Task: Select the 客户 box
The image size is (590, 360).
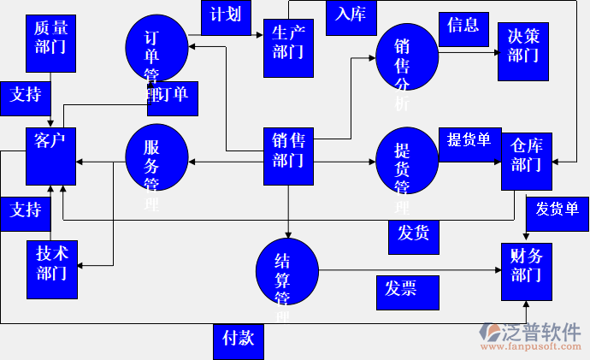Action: pyautogui.click(x=51, y=156)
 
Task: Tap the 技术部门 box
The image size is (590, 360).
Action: pyautogui.click(x=51, y=269)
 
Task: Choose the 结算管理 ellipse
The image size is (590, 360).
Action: pyautogui.click(x=287, y=273)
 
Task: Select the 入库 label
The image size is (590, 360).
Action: pyautogui.click(x=351, y=15)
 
